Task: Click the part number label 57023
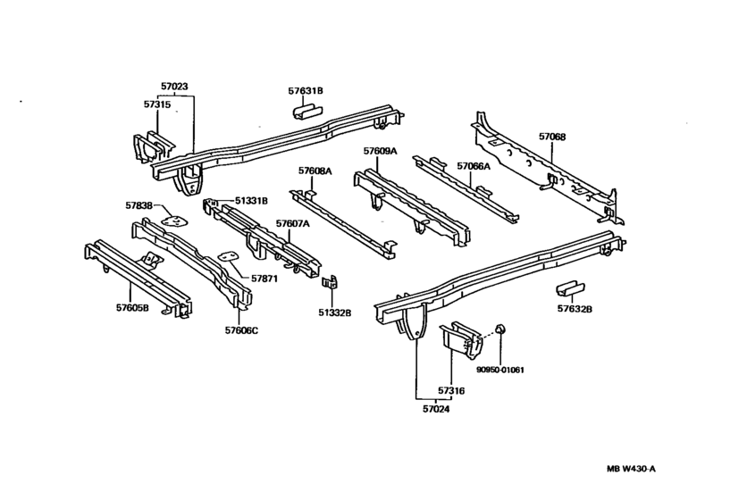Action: coord(174,87)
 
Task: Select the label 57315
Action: coord(156,104)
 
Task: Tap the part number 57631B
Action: coord(306,90)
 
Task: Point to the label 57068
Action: coord(551,137)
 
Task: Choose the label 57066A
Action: coord(474,166)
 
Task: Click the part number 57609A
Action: coord(380,151)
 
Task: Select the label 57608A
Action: coord(315,170)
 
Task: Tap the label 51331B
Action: coord(251,201)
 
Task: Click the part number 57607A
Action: coord(293,223)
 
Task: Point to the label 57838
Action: coord(138,204)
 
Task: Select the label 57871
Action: coord(264,279)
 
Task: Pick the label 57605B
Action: coord(132,308)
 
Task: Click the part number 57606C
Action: coord(241,329)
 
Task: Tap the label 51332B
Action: coord(334,312)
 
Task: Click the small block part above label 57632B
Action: coord(569,289)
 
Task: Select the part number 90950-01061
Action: coord(499,369)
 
